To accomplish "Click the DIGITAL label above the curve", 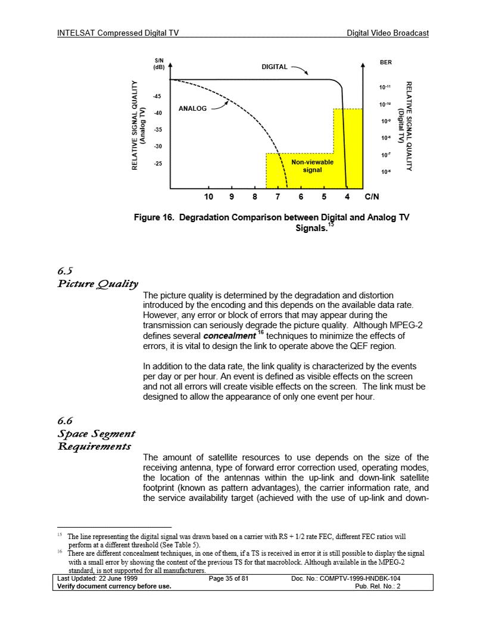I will click(x=275, y=67).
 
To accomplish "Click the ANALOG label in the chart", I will click(x=192, y=109).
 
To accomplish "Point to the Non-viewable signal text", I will click(x=312, y=166).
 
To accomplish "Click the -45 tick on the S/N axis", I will click(x=157, y=96).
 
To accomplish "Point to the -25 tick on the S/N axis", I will click(x=157, y=163).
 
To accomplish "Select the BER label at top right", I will click(x=385, y=61).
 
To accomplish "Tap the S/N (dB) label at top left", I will click(x=159, y=64).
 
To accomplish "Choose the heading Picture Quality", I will click(x=97, y=283).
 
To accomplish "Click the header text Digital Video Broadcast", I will click(x=388, y=33).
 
